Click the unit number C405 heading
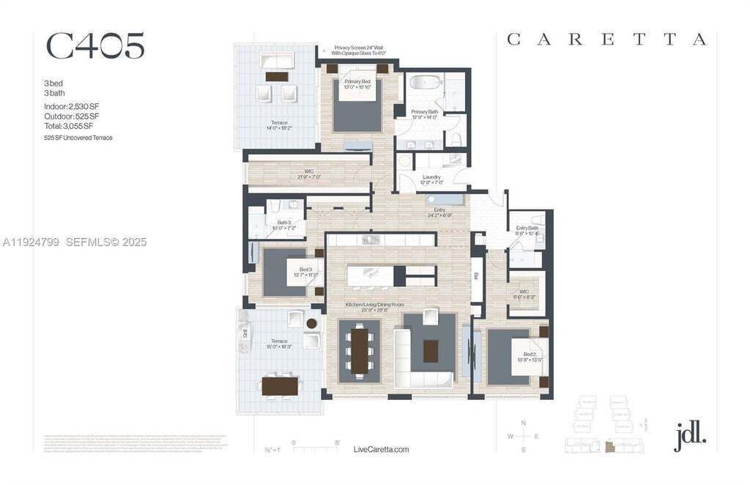pyautogui.click(x=95, y=46)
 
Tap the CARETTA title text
pyautogui.click(x=606, y=40)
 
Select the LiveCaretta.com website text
pyautogui.click(x=381, y=449)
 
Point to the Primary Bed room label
pyautogui.click(x=357, y=84)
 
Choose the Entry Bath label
pyautogui.click(x=527, y=230)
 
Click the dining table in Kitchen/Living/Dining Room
pyautogui.click(x=360, y=349)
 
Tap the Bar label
pyautogui.click(x=475, y=276)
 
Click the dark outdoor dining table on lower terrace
pyautogui.click(x=281, y=385)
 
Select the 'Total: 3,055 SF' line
pyautogui.click(x=67, y=126)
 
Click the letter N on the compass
pyautogui.click(x=523, y=423)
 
